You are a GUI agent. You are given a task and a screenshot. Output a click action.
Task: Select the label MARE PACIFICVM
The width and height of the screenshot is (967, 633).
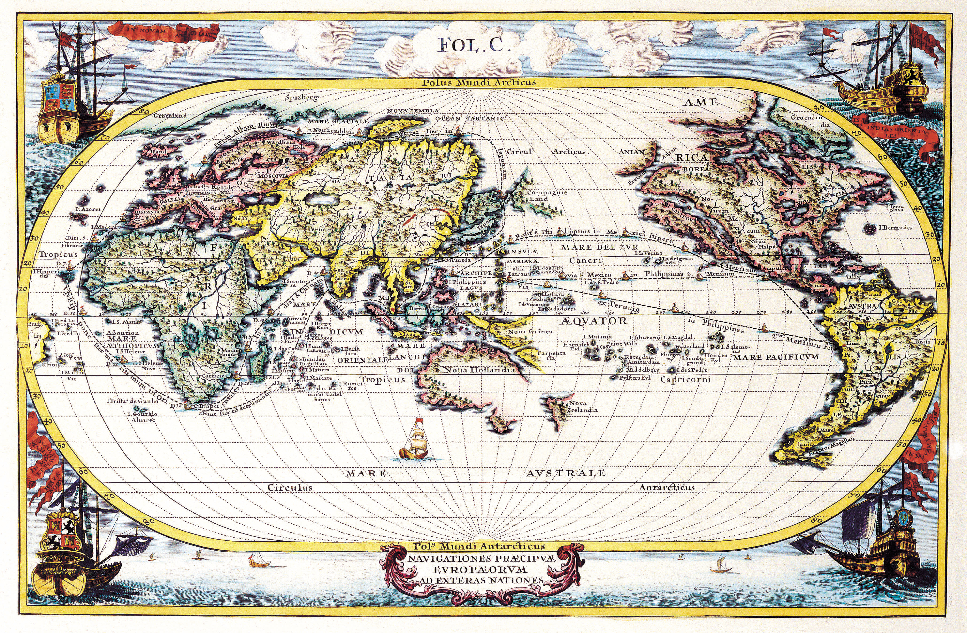pyautogui.click(x=775, y=357)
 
